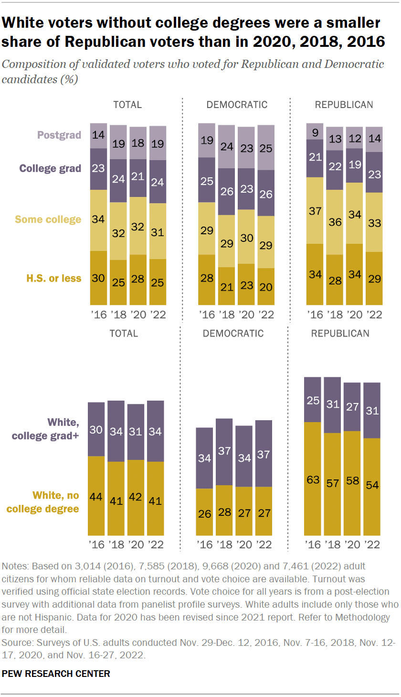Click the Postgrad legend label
point(60,135)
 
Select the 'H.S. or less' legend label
point(54,278)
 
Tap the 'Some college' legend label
point(48,219)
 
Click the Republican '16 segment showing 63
point(313,479)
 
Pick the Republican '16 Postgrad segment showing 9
point(315,131)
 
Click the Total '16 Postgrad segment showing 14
point(99,135)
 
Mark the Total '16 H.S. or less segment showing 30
point(99,278)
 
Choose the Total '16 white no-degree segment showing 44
point(96,496)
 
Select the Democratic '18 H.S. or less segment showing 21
point(227,286)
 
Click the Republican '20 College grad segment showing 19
point(354,165)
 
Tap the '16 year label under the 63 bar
point(313,545)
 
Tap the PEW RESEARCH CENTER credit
point(56,674)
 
